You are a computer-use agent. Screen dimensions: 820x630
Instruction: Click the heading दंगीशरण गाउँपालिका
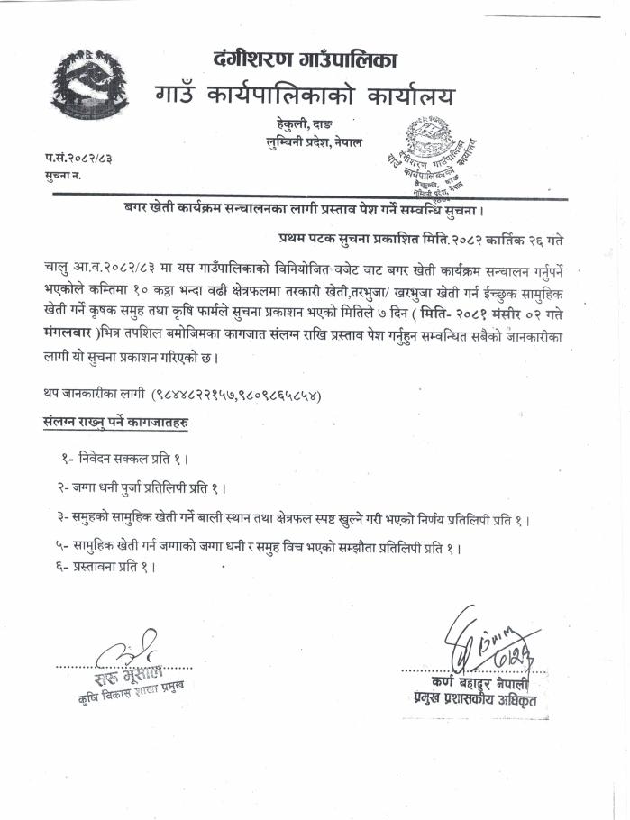click(306, 60)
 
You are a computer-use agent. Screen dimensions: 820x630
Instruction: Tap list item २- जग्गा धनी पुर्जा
click(141, 487)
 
